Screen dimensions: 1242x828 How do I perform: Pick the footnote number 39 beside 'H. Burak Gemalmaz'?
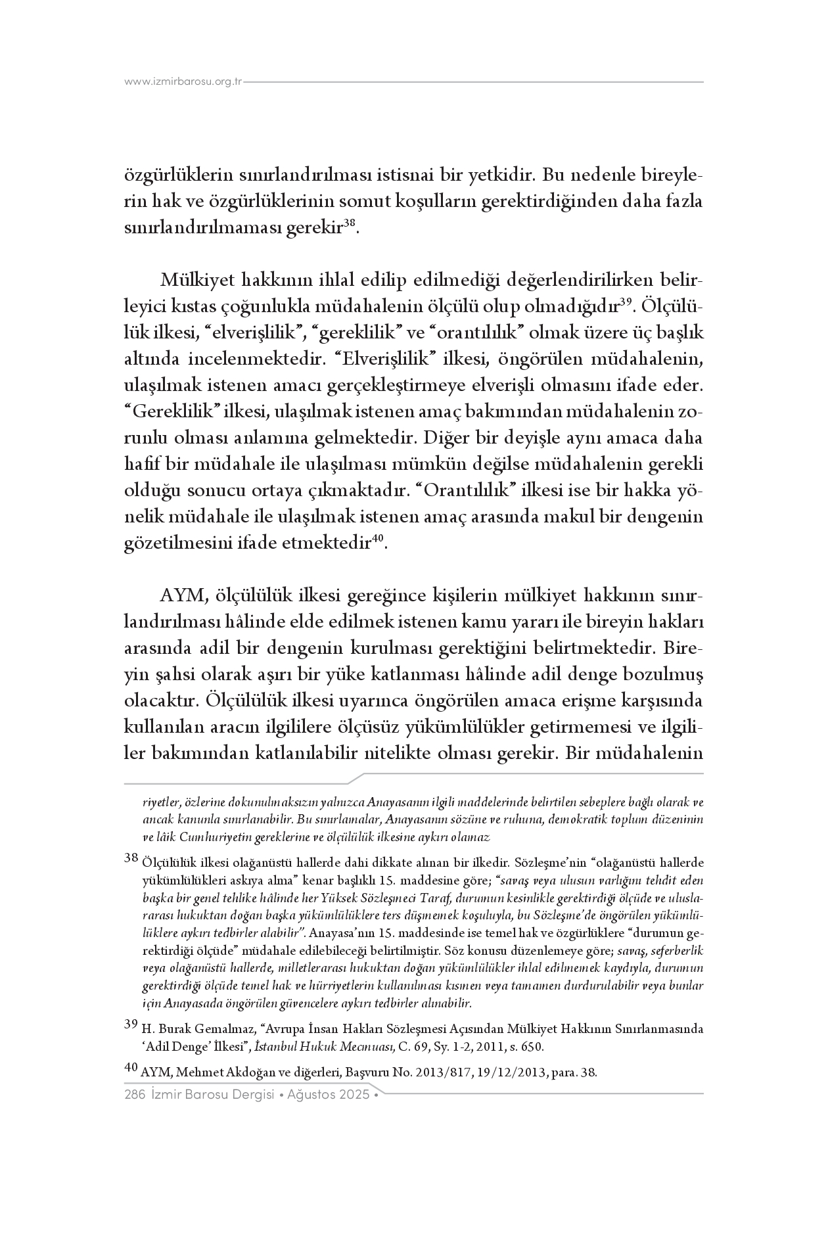(x=130, y=1024)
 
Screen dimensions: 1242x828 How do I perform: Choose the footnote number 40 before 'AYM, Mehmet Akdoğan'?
(x=130, y=1069)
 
